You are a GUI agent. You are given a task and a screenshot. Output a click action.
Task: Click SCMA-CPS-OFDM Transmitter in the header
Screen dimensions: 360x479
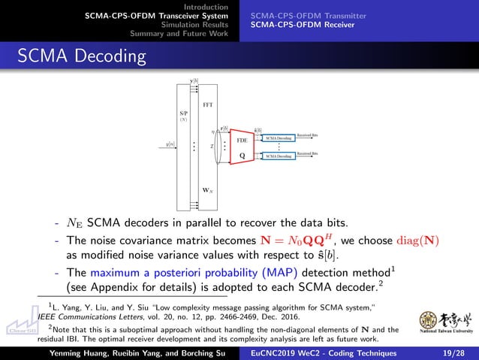pos(309,15)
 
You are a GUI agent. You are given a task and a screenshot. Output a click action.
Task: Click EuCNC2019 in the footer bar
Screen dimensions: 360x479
pos(281,353)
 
